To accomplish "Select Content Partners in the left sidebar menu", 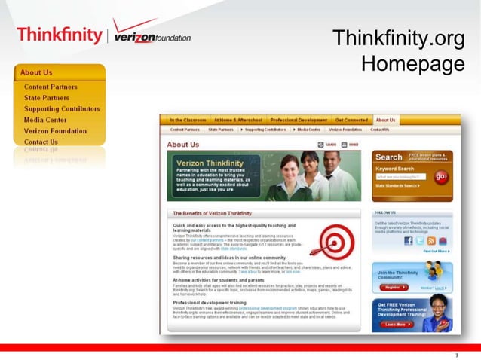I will (x=51, y=87).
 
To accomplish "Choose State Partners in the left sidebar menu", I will (x=46, y=98).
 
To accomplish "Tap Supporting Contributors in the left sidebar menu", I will (x=62, y=109).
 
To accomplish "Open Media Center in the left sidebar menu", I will (x=45, y=120).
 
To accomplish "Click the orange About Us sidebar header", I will (x=59, y=72).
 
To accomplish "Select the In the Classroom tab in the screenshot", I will (x=188, y=120).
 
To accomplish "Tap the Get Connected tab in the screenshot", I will (x=351, y=120).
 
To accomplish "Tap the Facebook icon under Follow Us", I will (x=409, y=241).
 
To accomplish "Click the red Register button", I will (x=392, y=287).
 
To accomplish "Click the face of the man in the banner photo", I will (x=329, y=160).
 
